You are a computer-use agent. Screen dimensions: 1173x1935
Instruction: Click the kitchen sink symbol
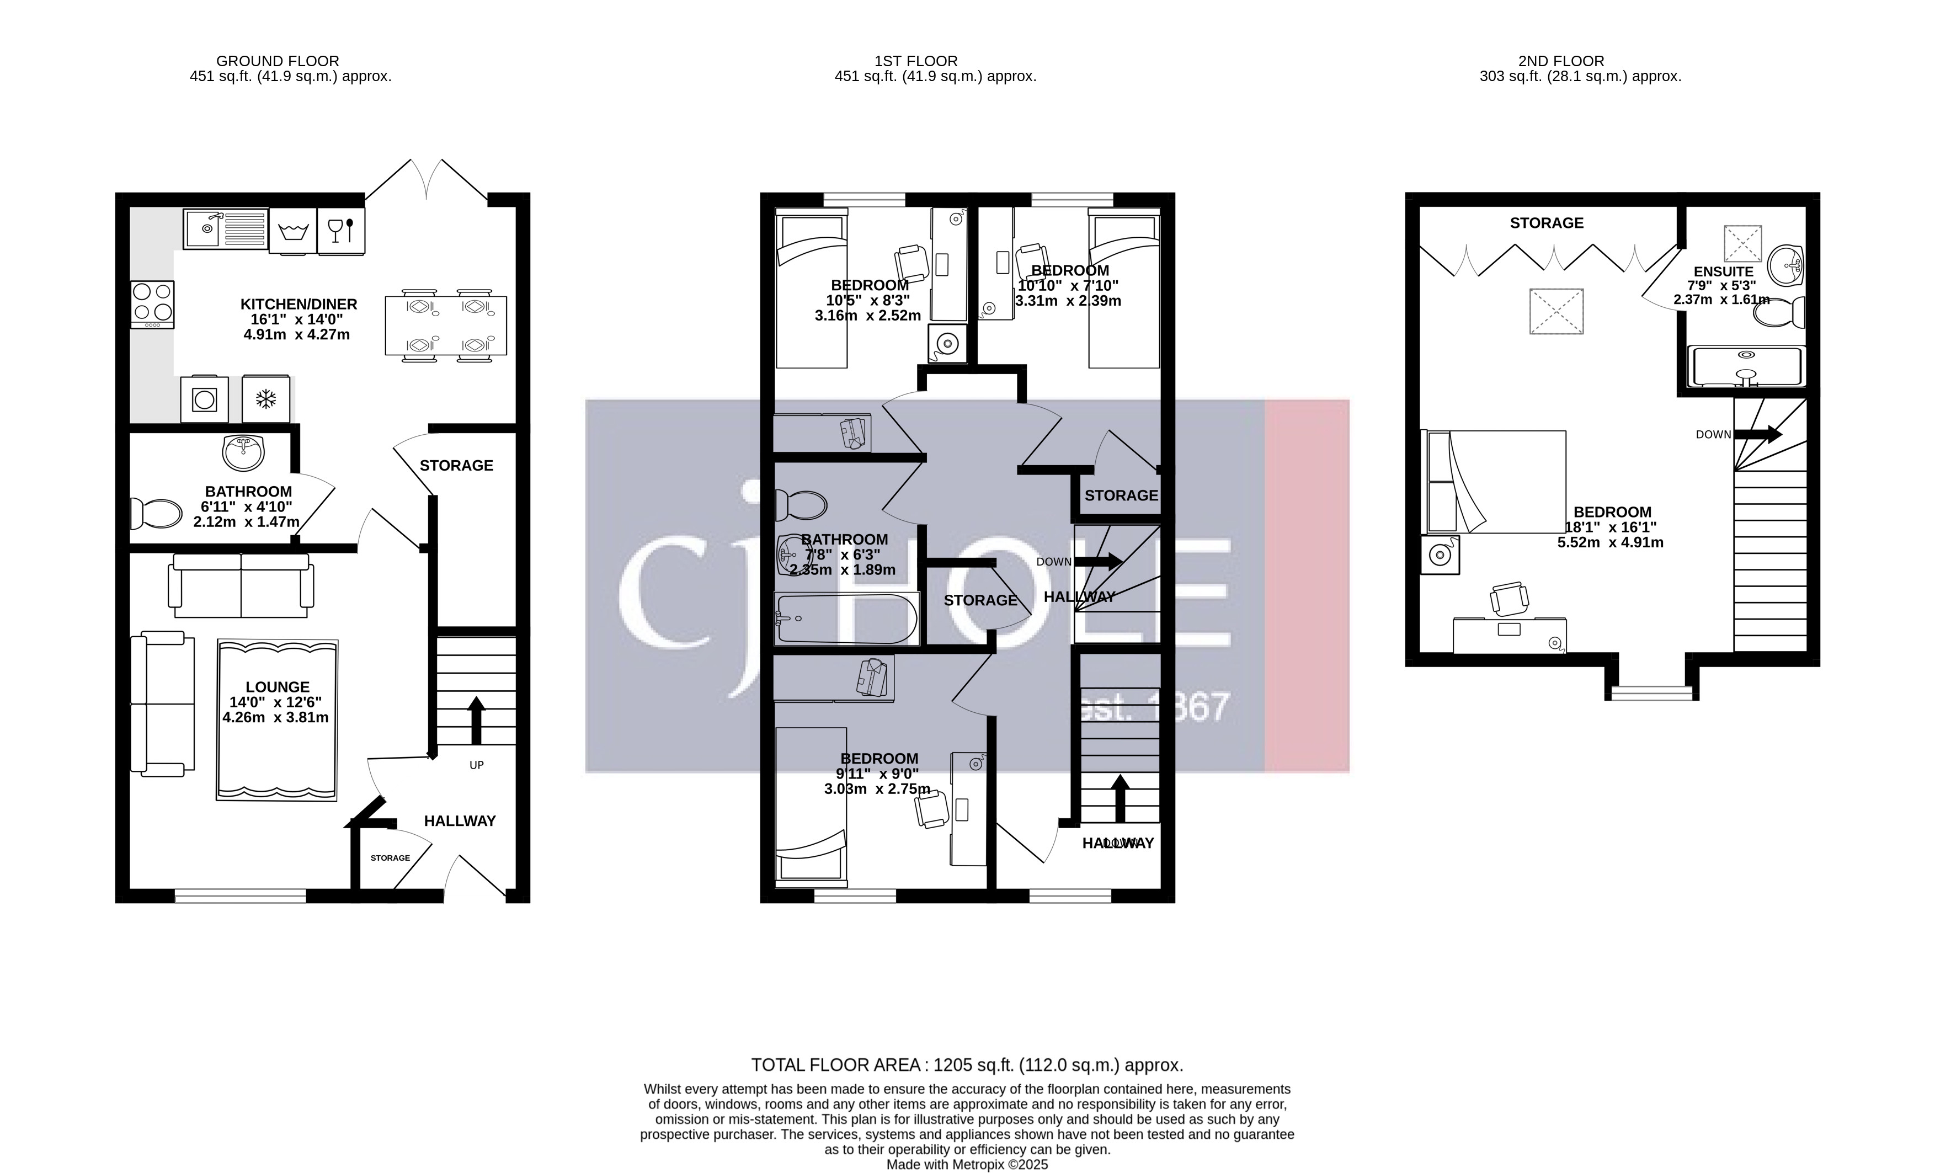tap(225, 228)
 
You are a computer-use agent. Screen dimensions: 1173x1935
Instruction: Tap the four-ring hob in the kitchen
tap(152, 304)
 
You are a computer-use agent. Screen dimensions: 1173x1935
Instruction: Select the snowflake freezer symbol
tap(266, 399)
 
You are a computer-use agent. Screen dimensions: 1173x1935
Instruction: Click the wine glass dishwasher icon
tap(341, 230)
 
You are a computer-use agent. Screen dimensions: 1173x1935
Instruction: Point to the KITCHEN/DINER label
tap(298, 304)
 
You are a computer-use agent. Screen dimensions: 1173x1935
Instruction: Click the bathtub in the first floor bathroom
tap(846, 619)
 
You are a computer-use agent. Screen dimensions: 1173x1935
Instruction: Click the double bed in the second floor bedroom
tap(1496, 481)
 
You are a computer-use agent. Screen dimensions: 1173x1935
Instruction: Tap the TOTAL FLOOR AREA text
tap(967, 1065)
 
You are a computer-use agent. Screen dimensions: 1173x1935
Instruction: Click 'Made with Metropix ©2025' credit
tap(967, 1164)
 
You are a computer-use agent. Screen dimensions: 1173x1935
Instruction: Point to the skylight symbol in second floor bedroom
tap(1556, 312)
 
